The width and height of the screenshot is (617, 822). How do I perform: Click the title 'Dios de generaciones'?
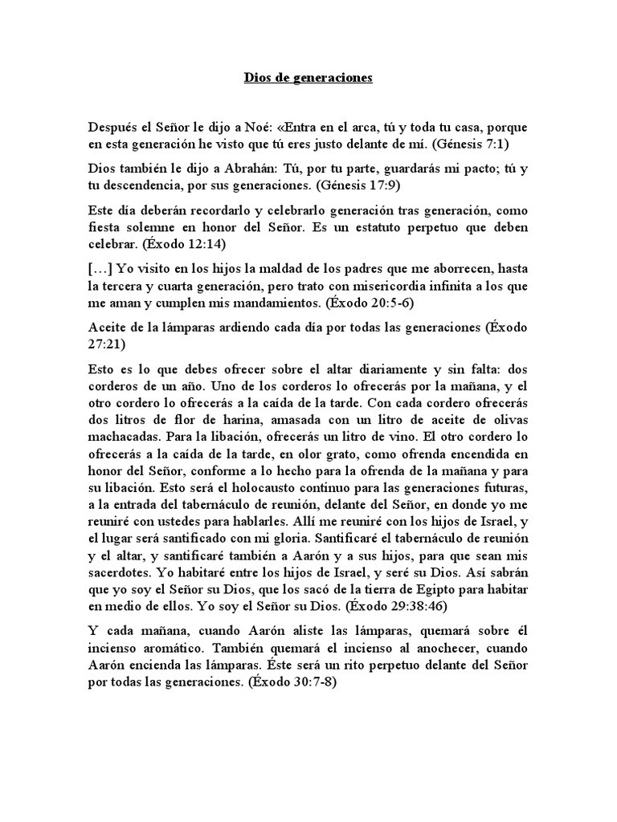pyautogui.click(x=308, y=79)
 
